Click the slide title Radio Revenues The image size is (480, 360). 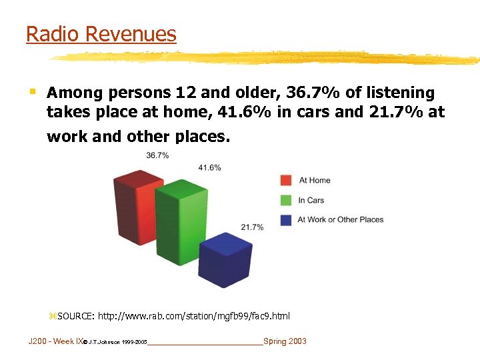coord(101,34)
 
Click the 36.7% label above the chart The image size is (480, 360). coord(157,155)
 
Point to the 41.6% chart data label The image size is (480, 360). coord(209,167)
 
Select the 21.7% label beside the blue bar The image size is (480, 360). coord(252,227)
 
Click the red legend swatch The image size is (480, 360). coord(287,180)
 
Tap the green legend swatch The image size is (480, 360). coord(287,200)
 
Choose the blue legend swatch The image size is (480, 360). coord(287,219)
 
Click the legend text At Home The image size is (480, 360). coord(315,180)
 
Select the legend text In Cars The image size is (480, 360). coord(311,200)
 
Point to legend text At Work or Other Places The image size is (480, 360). coord(341,219)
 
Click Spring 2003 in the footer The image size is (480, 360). coord(285,341)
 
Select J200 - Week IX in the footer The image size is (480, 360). coord(56,341)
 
